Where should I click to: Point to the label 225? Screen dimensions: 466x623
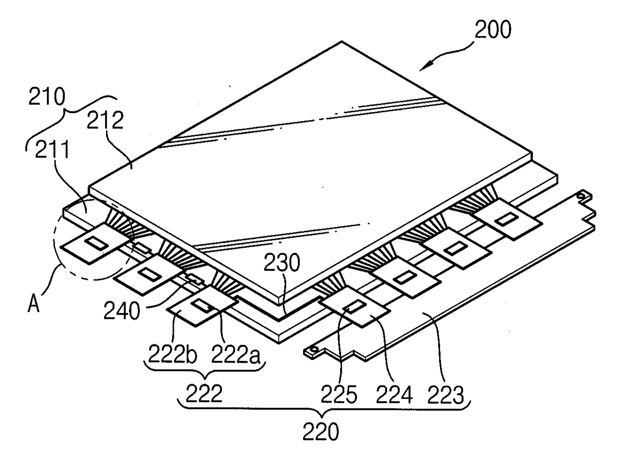coord(342,395)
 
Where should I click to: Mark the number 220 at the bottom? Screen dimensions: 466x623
coord(321,431)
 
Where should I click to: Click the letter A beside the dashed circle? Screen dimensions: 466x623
coord(34,304)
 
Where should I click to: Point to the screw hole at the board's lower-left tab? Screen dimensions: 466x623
coord(314,349)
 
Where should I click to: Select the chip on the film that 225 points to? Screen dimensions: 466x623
coord(354,307)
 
